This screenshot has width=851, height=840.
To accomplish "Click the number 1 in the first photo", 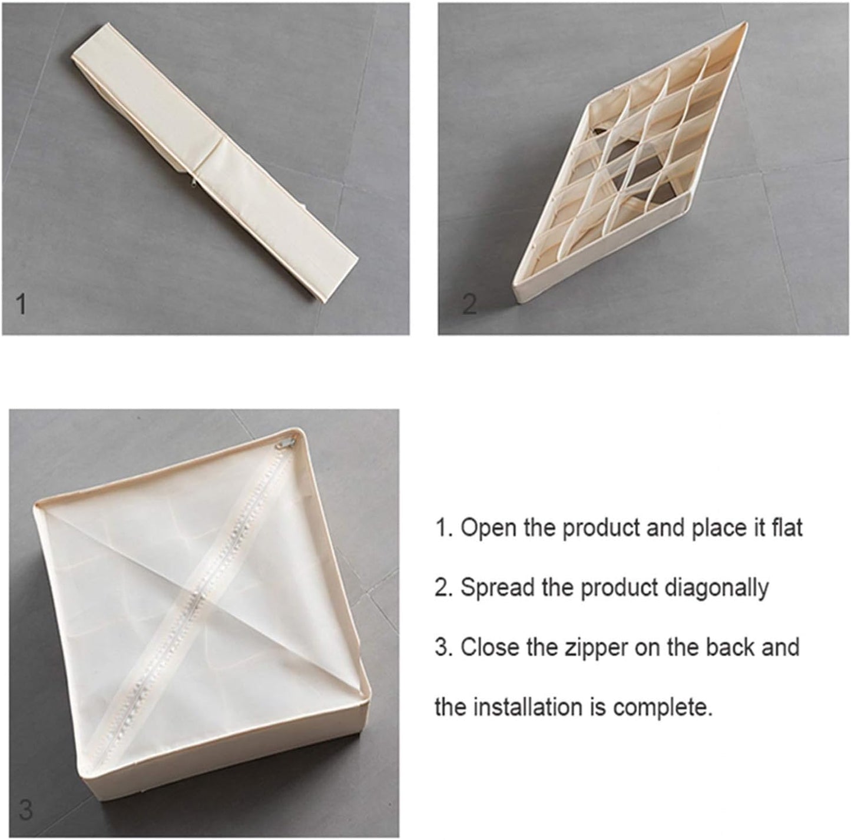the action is coord(21,304).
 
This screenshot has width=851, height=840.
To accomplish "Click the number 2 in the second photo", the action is coord(469,304).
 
